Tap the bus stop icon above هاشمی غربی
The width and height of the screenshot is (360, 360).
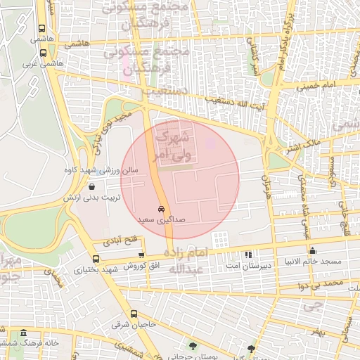[x=44, y=53]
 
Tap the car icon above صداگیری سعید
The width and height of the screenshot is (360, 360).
[x=161, y=210]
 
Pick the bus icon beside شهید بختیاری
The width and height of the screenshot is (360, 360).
[x=96, y=259]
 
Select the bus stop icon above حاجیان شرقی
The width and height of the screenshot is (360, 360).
[x=133, y=314]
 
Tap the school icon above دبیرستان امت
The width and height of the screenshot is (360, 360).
[x=247, y=254]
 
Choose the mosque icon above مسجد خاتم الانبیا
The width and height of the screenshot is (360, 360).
[x=313, y=251]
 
